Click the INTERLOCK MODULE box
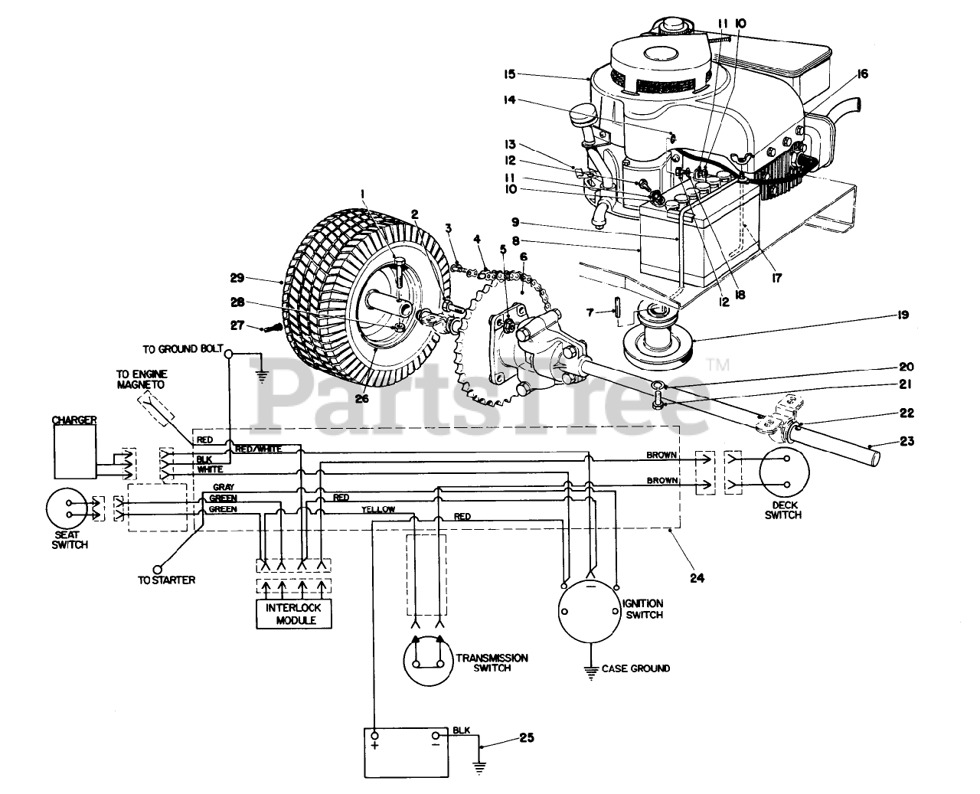[294, 613]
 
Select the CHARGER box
[76, 451]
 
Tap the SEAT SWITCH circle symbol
[67, 508]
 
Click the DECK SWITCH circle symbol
[785, 472]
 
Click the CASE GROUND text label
[635, 668]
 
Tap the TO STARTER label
[167, 580]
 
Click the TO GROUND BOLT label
[183, 349]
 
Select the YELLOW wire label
[377, 509]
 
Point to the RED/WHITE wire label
[259, 449]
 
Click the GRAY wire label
[224, 487]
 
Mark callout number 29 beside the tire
[237, 278]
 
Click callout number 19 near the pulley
[903, 315]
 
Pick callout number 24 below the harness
[697, 578]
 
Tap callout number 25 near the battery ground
[527, 737]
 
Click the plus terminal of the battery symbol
[375, 736]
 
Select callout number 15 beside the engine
[509, 74]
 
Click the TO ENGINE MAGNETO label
[141, 380]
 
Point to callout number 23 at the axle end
[906, 441]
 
